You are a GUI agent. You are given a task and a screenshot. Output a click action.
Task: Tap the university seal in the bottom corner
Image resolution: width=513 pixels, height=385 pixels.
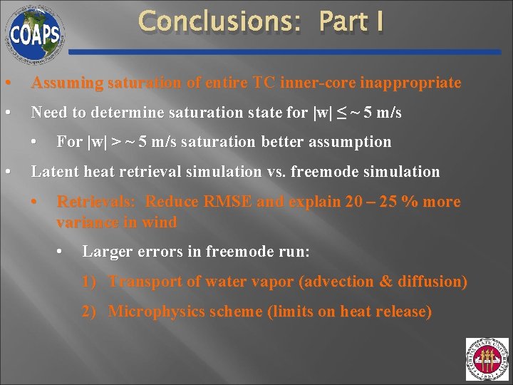tap(487, 359)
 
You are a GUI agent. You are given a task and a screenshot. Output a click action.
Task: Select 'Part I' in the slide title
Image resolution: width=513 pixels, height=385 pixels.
tap(352, 21)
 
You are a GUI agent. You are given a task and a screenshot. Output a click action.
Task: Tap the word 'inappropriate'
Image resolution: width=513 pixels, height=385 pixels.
tap(410, 83)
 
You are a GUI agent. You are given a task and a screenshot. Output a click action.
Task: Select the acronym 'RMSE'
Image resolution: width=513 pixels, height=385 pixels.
tap(228, 202)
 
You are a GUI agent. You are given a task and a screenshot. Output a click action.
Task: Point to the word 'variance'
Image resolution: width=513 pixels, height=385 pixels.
tap(86, 222)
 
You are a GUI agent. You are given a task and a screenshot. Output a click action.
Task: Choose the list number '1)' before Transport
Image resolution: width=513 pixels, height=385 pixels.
tap(89, 282)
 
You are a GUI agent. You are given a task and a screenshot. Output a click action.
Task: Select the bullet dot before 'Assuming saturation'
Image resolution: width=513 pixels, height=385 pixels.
tap(7, 83)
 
